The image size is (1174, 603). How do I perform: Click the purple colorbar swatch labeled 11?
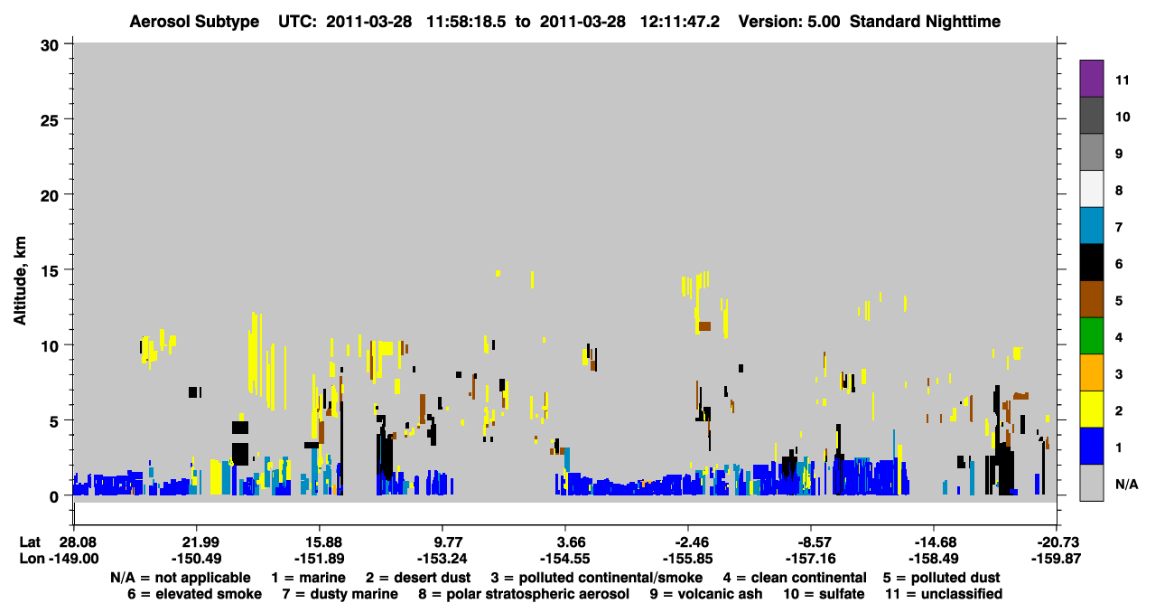(1091, 78)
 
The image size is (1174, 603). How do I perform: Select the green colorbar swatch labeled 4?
(1091, 336)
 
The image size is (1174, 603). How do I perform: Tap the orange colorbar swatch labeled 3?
(1091, 372)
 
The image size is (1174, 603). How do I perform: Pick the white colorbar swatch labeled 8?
(1091, 189)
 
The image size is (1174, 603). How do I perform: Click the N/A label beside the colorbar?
(1126, 484)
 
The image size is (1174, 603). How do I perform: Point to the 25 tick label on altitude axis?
(50, 121)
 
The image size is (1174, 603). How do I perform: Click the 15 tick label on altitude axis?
(50, 271)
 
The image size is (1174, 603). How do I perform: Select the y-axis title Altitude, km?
(20, 281)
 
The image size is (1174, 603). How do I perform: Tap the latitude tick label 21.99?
(197, 542)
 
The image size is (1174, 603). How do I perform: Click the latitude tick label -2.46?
(687, 542)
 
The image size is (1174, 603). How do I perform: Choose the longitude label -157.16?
(811, 559)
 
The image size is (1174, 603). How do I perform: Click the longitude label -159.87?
(1056, 559)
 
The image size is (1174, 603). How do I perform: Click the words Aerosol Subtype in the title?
(194, 22)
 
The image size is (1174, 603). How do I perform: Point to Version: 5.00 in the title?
(789, 22)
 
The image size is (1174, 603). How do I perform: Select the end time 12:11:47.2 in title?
(680, 22)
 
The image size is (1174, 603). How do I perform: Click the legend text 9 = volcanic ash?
(706, 594)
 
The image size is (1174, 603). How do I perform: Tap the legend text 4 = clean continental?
(795, 578)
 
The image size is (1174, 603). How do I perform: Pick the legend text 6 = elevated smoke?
(194, 594)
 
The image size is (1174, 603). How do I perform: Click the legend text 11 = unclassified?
(944, 594)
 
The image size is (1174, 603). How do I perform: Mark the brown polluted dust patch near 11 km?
(704, 325)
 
